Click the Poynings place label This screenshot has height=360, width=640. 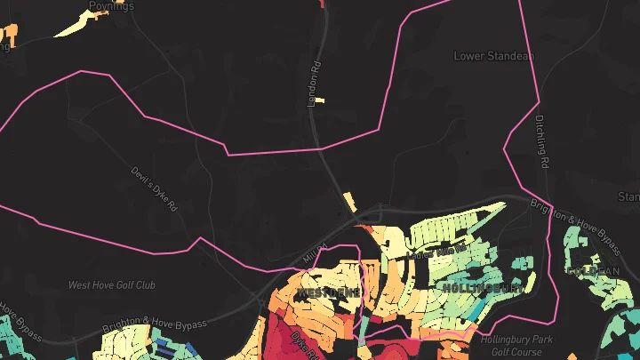click(111, 6)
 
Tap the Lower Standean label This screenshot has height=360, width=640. click(493, 56)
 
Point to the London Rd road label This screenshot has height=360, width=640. click(313, 84)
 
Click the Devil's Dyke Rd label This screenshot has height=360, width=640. click(155, 188)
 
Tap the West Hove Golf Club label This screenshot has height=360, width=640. click(112, 285)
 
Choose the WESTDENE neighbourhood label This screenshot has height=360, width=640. click(328, 292)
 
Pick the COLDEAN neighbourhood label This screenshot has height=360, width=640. click(592, 270)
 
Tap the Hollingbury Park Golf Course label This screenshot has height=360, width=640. click(517, 345)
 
